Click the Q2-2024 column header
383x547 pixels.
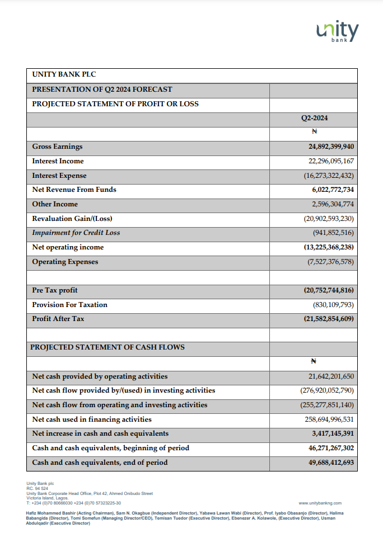[x=314, y=118]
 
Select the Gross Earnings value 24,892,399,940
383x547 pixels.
[x=331, y=147]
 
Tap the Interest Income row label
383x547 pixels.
[x=58, y=161]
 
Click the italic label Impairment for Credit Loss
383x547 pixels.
[x=76, y=233]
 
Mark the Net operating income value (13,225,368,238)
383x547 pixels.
[x=325, y=247]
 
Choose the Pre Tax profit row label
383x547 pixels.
[x=55, y=290]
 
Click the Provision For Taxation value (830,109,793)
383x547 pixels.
[x=333, y=305]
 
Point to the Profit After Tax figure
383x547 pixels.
[x=325, y=319]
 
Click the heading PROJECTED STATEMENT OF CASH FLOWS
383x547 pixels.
[x=108, y=347]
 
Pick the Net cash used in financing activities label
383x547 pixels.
[x=92, y=419]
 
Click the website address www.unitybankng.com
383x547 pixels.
[x=320, y=503]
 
